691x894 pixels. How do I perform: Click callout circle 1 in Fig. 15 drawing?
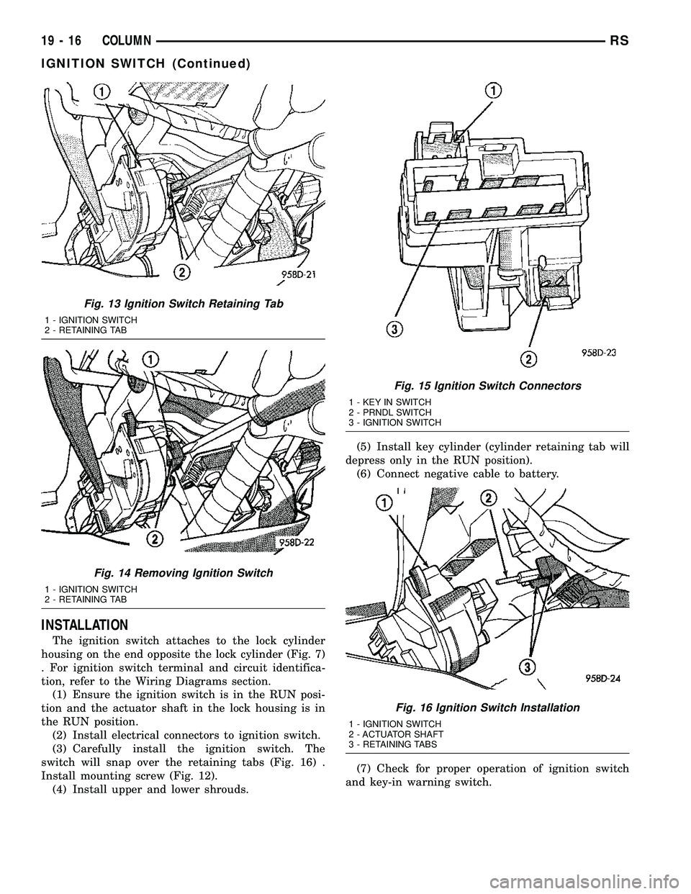[493, 91]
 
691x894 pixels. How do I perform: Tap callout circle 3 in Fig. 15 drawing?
[394, 329]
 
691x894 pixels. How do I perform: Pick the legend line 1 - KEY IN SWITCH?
[389, 402]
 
